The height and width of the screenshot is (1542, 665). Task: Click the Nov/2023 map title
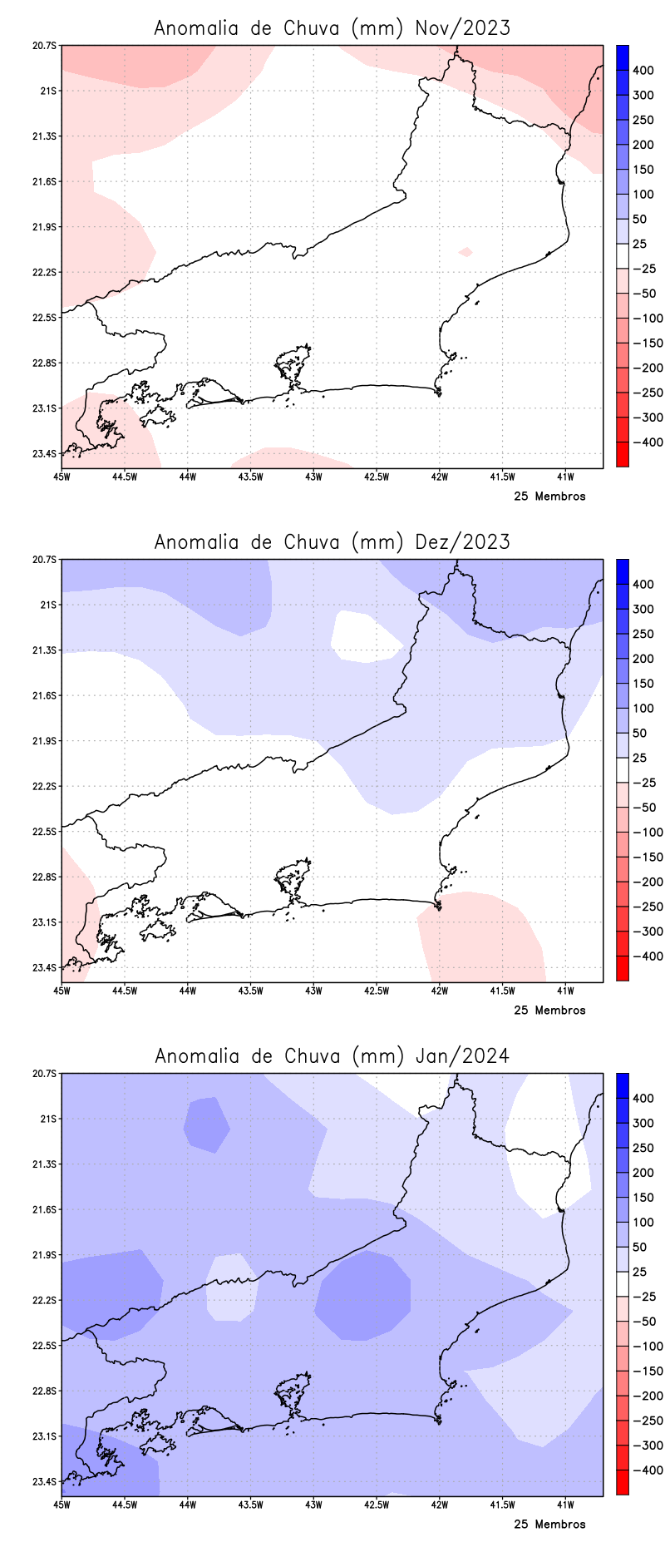click(x=332, y=28)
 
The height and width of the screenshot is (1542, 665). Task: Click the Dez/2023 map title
click(x=332, y=542)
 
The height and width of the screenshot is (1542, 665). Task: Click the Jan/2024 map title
click(x=332, y=1056)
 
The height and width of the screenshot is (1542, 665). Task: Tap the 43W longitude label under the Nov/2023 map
click(x=313, y=477)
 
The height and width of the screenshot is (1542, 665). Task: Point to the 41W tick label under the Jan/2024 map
click(x=565, y=1505)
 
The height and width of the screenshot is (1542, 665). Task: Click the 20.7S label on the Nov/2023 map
click(x=46, y=46)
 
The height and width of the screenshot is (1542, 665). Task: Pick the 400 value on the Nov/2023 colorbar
click(x=643, y=71)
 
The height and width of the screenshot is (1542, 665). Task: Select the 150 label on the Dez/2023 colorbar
click(x=643, y=684)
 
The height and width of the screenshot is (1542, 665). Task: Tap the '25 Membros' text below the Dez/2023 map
click(x=549, y=1011)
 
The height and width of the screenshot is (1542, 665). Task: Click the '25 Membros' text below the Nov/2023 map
click(x=549, y=497)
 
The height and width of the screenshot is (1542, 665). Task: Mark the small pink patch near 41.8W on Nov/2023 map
click(x=465, y=252)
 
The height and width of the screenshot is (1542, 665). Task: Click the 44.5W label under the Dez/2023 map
click(x=124, y=991)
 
